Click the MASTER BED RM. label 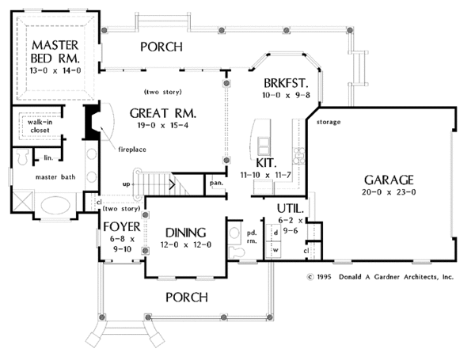point(54,51)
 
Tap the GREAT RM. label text point(163,114)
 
